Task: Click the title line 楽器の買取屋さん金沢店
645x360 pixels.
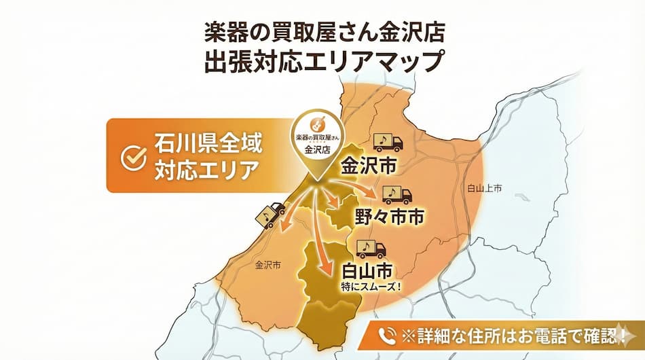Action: (x=322, y=31)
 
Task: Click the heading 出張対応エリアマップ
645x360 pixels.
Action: (x=322, y=60)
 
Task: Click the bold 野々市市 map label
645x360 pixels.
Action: (x=389, y=217)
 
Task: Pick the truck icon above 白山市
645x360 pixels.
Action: (x=371, y=248)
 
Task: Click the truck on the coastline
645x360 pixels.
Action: (x=270, y=215)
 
